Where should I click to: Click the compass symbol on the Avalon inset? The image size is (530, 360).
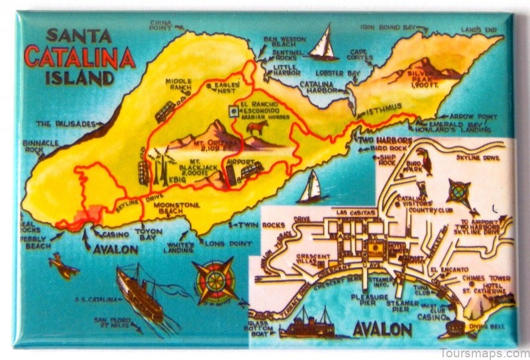(458, 191)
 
